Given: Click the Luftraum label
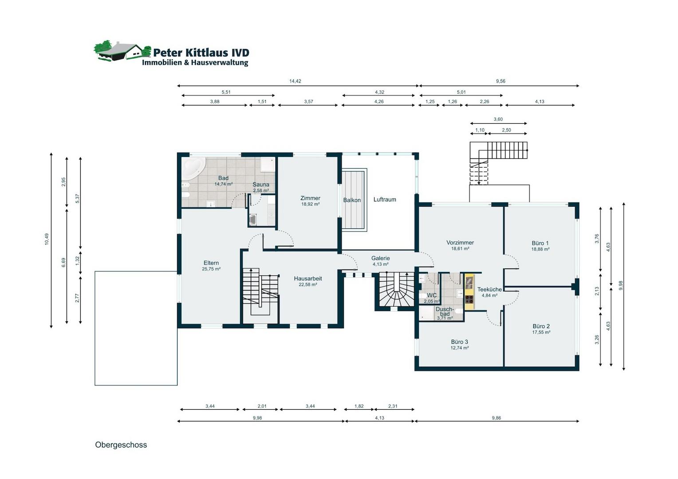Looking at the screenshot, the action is coord(384,200).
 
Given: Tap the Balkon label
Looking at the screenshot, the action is coord(352,200).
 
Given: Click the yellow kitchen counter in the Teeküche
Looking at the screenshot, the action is coord(469,292).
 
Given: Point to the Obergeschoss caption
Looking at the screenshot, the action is coord(121,445).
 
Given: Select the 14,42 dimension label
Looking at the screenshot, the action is coord(295,81).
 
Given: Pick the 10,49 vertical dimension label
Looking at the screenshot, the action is coord(47,239).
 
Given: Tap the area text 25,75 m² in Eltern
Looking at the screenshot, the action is coord(211,269).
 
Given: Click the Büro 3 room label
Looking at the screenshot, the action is coord(459,342).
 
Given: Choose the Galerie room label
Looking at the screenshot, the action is coord(380,258).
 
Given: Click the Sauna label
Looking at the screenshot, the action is coord(260,184).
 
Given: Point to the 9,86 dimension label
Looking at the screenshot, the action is coord(497,418).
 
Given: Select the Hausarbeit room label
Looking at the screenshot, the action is coord(308,279).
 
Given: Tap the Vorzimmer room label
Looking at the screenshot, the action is coord(460,242).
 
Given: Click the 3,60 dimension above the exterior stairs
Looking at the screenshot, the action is coord(498,119).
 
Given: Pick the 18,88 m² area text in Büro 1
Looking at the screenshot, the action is coord(540,249).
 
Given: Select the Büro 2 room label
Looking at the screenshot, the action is coord(541,326).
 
